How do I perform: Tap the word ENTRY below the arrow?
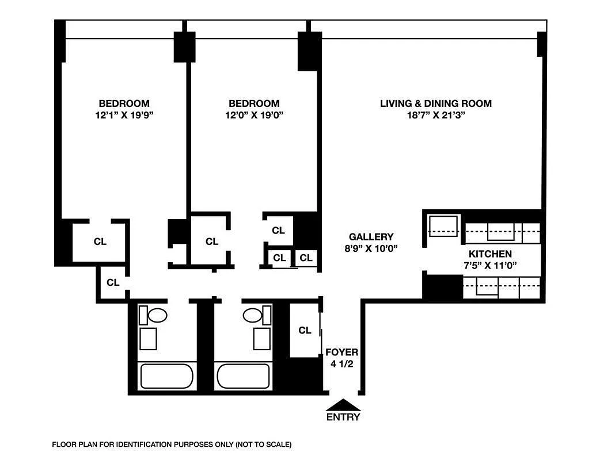(x=343, y=417)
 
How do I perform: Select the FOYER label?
(x=342, y=352)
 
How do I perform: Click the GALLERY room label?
(x=371, y=237)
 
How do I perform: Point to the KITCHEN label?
(x=490, y=254)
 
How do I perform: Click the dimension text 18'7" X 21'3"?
(x=435, y=115)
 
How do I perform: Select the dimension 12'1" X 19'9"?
(x=124, y=115)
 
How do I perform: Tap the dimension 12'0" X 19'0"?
(x=254, y=115)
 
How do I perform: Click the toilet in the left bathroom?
(x=157, y=315)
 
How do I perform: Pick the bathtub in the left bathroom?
(x=166, y=376)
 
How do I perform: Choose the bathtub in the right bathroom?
(x=242, y=376)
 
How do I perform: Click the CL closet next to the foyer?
(x=305, y=331)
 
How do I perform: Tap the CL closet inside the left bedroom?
(x=100, y=241)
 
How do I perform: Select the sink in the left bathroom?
(x=148, y=339)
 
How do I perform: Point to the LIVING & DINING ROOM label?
(x=435, y=103)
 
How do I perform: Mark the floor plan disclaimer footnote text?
(x=172, y=444)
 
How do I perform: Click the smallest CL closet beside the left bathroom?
(x=113, y=282)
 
